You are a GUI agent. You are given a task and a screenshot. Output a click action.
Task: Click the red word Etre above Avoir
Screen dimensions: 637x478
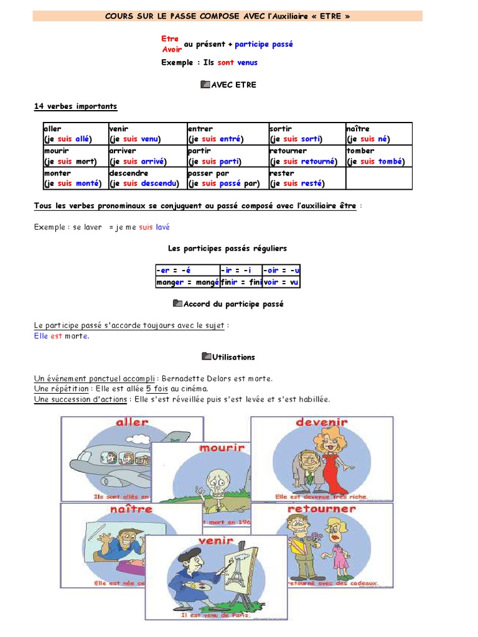pos(170,39)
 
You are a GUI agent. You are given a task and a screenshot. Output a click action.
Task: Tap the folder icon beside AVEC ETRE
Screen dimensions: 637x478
pos(206,85)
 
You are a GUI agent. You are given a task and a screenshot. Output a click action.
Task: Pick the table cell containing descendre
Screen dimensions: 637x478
pos(146,179)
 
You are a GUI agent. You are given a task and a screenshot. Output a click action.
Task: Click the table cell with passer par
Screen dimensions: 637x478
pos(227,179)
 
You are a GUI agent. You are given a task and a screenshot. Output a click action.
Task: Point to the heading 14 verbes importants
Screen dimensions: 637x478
pos(75,107)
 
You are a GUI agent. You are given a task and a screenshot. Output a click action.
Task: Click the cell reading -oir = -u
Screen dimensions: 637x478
pos(281,270)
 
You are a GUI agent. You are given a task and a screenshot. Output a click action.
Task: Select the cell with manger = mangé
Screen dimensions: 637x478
pos(187,282)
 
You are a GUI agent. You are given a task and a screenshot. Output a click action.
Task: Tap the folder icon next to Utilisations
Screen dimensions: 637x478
pos(207,356)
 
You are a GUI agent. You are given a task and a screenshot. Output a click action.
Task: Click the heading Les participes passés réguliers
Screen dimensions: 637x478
pos(227,248)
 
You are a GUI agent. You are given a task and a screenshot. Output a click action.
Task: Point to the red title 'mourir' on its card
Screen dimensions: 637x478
pos(222,448)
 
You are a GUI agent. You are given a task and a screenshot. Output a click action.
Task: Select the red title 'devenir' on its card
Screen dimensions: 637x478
pos(322,422)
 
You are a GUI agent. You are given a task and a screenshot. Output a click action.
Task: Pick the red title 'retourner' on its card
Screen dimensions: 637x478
pos(322,509)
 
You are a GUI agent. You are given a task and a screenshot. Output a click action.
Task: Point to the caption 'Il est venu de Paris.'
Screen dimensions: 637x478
pos(215,615)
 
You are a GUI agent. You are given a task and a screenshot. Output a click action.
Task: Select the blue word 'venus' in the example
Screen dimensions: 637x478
pos(247,62)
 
